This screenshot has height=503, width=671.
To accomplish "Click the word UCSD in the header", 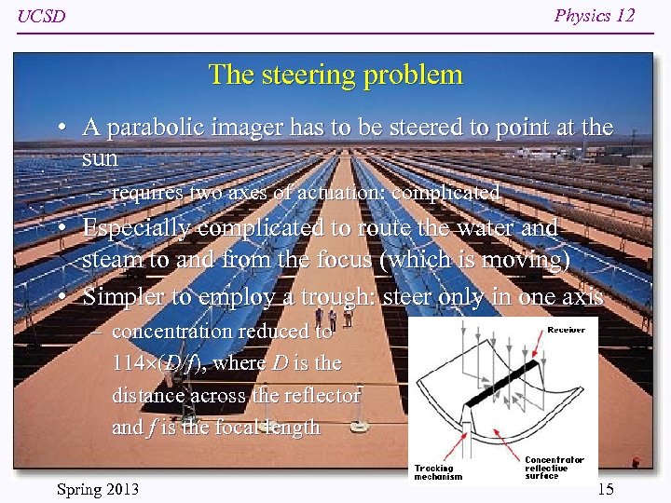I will coord(42,17).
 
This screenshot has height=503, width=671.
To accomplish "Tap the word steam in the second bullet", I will coord(109,260).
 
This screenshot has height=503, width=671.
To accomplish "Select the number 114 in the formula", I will coord(126,363).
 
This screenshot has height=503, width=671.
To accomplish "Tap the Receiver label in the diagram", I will coord(567,329).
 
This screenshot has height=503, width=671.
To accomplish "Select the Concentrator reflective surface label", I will coord(555,468).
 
